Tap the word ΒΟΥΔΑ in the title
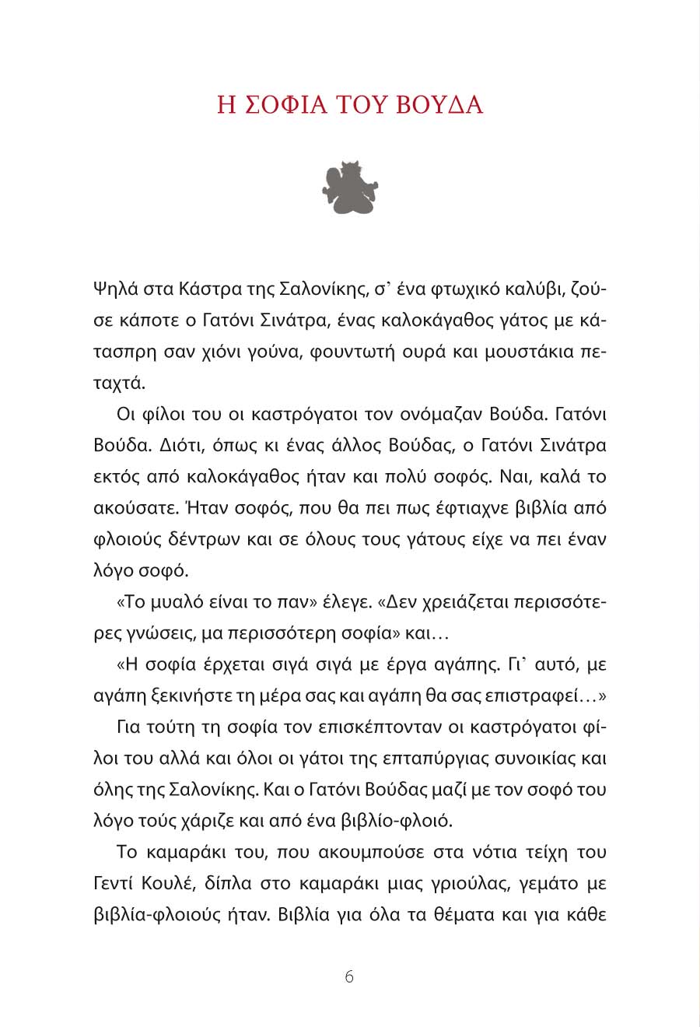coord(439,105)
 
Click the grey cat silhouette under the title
coord(349,188)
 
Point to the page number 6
coord(349,977)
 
